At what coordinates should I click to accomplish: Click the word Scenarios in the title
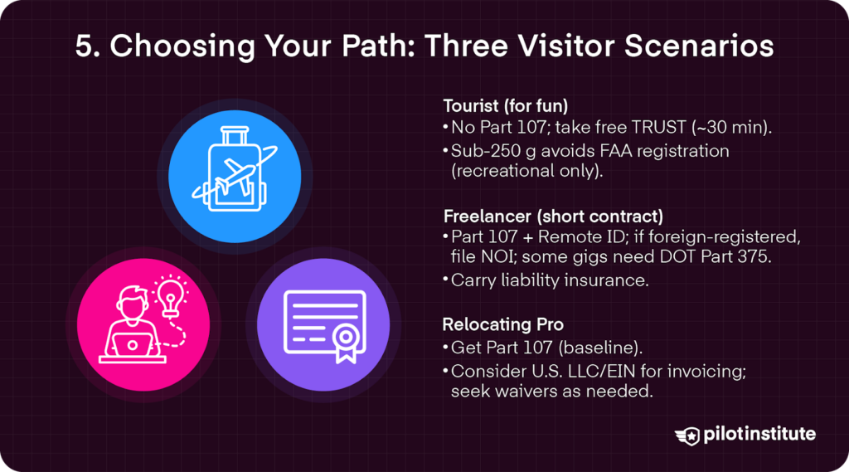[x=699, y=46]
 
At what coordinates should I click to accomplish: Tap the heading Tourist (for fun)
[x=505, y=105]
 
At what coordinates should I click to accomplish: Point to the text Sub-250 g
[x=493, y=151]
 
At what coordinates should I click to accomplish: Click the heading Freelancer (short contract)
[x=553, y=217]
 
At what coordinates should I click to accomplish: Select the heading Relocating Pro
[x=503, y=324]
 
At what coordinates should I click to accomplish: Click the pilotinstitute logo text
[x=759, y=434]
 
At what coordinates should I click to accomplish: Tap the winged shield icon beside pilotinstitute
[x=687, y=436]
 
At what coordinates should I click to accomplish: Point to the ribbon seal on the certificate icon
[x=345, y=343]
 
